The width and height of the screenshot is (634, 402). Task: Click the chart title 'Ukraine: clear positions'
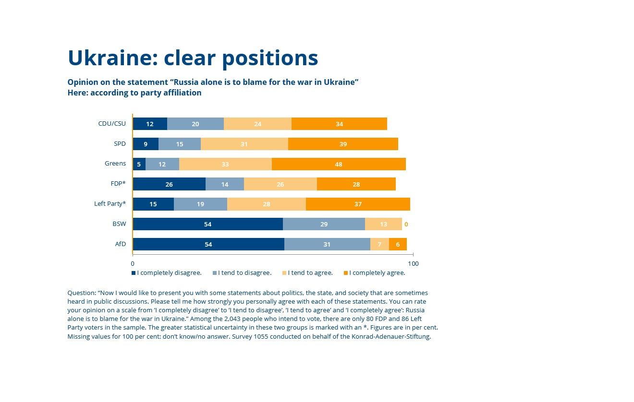tap(193, 58)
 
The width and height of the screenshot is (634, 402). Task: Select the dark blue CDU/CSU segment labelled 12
tap(150, 124)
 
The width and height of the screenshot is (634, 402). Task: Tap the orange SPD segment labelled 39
tap(343, 144)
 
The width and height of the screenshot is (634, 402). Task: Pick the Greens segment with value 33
tap(225, 164)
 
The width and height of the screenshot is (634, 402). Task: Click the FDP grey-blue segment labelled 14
tap(225, 184)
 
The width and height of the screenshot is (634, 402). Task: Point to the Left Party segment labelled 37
tap(358, 204)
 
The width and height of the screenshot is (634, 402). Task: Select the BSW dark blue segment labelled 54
tap(208, 224)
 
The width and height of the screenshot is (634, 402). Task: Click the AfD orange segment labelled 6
tap(398, 244)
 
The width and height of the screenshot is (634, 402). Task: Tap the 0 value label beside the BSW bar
tap(406, 225)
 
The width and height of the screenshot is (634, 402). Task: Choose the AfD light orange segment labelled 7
tap(379, 244)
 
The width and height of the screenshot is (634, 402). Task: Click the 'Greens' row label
tap(115, 164)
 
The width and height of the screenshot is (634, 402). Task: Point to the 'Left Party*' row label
tap(110, 204)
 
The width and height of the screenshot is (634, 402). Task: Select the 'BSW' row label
tap(119, 224)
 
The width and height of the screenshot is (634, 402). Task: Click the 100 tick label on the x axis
tap(413, 264)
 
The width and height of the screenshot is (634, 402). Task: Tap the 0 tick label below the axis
tap(133, 264)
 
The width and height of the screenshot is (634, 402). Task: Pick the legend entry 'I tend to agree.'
tap(307, 273)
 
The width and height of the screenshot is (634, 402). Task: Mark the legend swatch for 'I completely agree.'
tap(346, 273)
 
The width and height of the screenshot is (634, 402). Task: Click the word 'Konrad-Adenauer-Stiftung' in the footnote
tap(391, 337)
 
